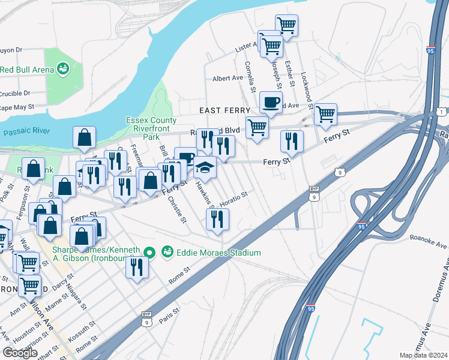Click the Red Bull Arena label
24,70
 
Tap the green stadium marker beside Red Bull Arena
62,70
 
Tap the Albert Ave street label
228,79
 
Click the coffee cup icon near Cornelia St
271,102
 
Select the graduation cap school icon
205,167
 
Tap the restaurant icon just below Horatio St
217,220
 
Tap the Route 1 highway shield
442,112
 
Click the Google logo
20,353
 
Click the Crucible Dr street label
15,93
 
